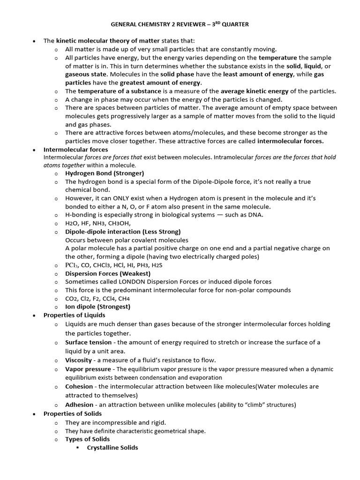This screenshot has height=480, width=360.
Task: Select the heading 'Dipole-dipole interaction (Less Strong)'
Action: click(x=123, y=232)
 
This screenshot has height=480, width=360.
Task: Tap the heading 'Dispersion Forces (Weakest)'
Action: click(x=108, y=273)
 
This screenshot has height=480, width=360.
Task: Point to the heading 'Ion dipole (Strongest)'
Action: click(x=97, y=307)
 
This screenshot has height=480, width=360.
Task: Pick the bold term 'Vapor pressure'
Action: click(x=87, y=369)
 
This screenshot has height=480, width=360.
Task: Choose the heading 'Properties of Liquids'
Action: click(x=75, y=315)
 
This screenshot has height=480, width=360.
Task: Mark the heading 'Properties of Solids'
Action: click(x=73, y=413)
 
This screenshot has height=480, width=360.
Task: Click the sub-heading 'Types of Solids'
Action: click(x=88, y=439)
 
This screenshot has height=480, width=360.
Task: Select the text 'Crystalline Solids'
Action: click(x=112, y=448)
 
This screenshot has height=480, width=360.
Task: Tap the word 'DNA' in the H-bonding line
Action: click(x=256, y=215)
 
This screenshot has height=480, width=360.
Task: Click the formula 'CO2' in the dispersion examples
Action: click(x=72, y=299)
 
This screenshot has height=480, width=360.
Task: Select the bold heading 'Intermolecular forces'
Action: click(x=75, y=150)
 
